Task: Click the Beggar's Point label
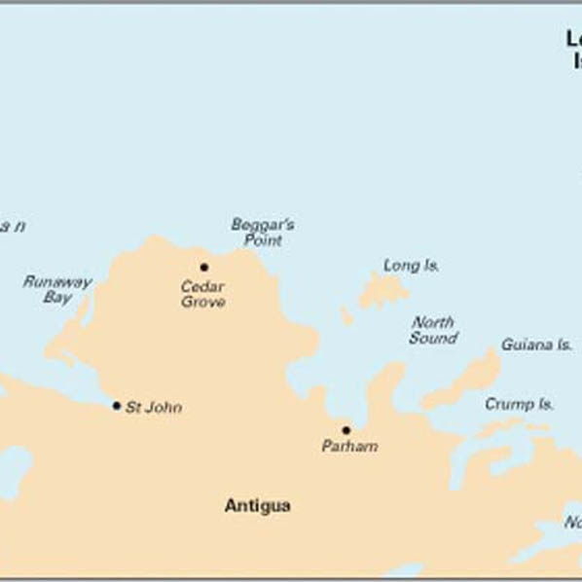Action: tap(263, 232)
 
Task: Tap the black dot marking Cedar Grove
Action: tap(204, 267)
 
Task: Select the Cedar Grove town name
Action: tap(203, 294)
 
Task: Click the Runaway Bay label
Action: tap(57, 290)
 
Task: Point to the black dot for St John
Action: tap(117, 406)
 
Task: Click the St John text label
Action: tap(154, 407)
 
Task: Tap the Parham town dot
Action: tap(346, 430)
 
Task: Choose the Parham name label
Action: tap(349, 447)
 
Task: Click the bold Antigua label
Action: tap(257, 506)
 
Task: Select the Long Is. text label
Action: tap(411, 265)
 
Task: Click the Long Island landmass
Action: tap(382, 291)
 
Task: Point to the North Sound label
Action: tap(433, 330)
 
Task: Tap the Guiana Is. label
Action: tap(536, 345)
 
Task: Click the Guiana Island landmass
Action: tap(467, 380)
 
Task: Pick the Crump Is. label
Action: tap(520, 403)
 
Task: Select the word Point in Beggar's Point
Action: tap(263, 240)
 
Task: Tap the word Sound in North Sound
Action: tap(433, 339)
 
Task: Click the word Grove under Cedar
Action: tap(203, 302)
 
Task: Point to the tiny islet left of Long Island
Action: tap(346, 316)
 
